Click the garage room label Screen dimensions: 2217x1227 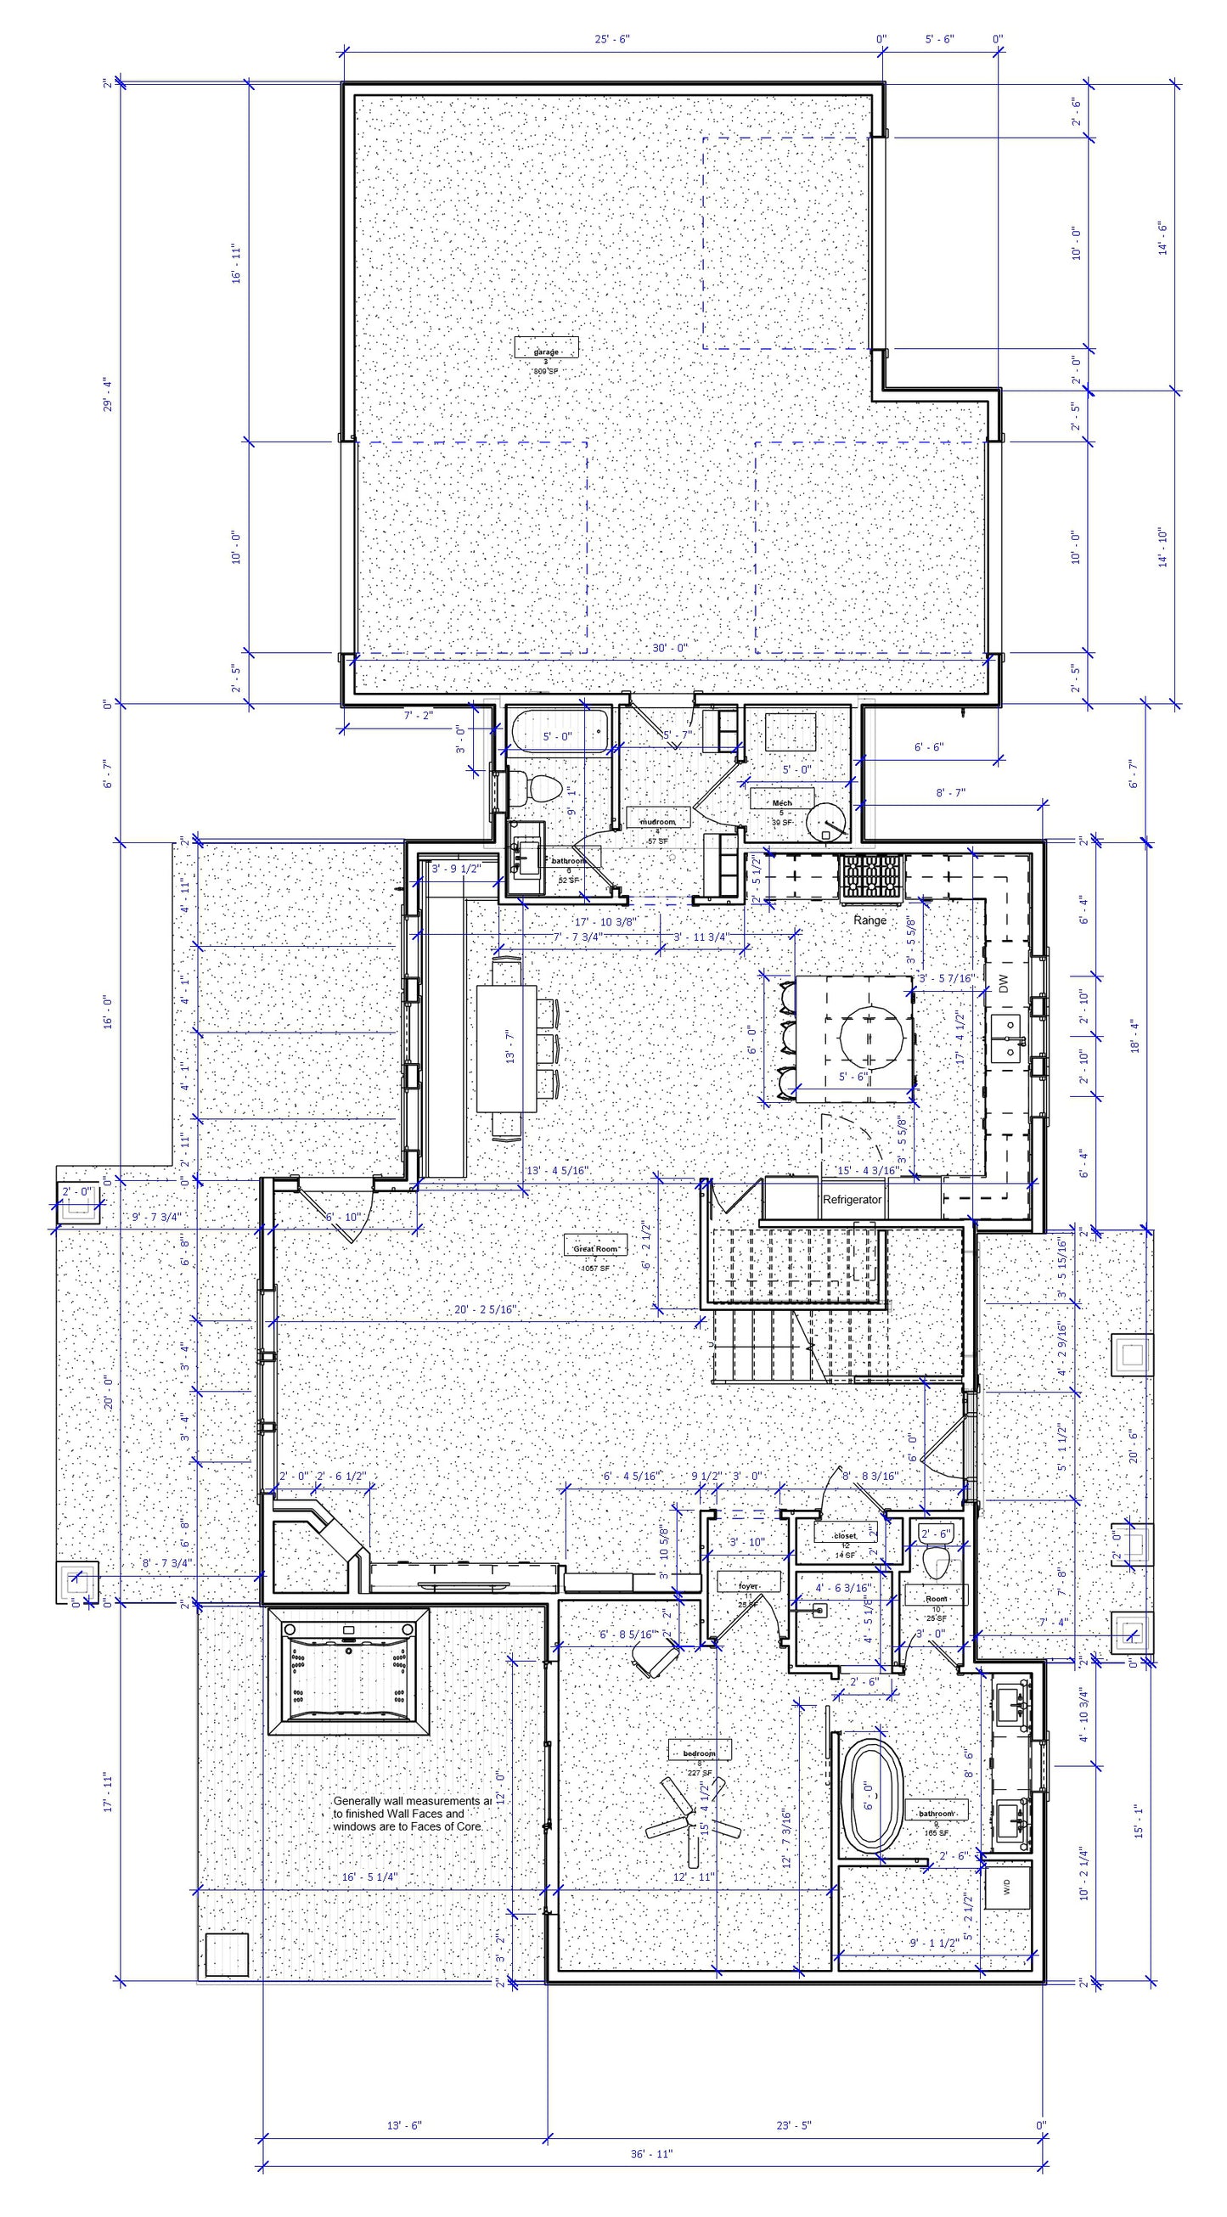(x=545, y=352)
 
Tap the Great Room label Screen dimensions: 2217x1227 (x=594, y=1247)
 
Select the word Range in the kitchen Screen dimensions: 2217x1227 (x=869, y=920)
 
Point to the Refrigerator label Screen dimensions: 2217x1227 (x=852, y=1199)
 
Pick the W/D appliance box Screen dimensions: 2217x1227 (x=1007, y=1885)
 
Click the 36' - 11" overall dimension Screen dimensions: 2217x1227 (x=650, y=2178)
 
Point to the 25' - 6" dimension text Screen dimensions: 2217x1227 (x=611, y=39)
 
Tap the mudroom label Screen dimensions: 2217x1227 (x=657, y=821)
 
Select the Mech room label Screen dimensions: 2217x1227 (x=781, y=802)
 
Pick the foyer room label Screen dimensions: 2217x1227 (x=749, y=1585)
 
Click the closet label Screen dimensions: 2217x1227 (x=845, y=1534)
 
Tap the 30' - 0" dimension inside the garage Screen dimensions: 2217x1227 (x=669, y=647)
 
